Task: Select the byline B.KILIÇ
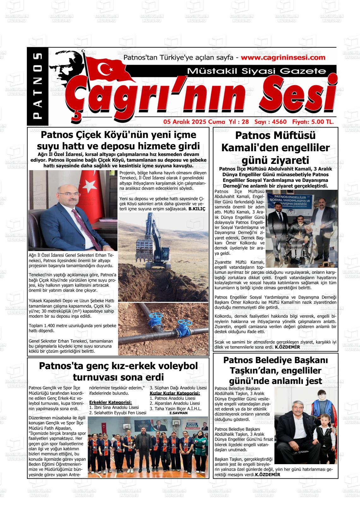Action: [197, 209]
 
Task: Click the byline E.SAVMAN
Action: [178, 413]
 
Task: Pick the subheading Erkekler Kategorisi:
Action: [110, 403]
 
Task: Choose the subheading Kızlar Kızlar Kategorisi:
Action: [175, 393]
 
